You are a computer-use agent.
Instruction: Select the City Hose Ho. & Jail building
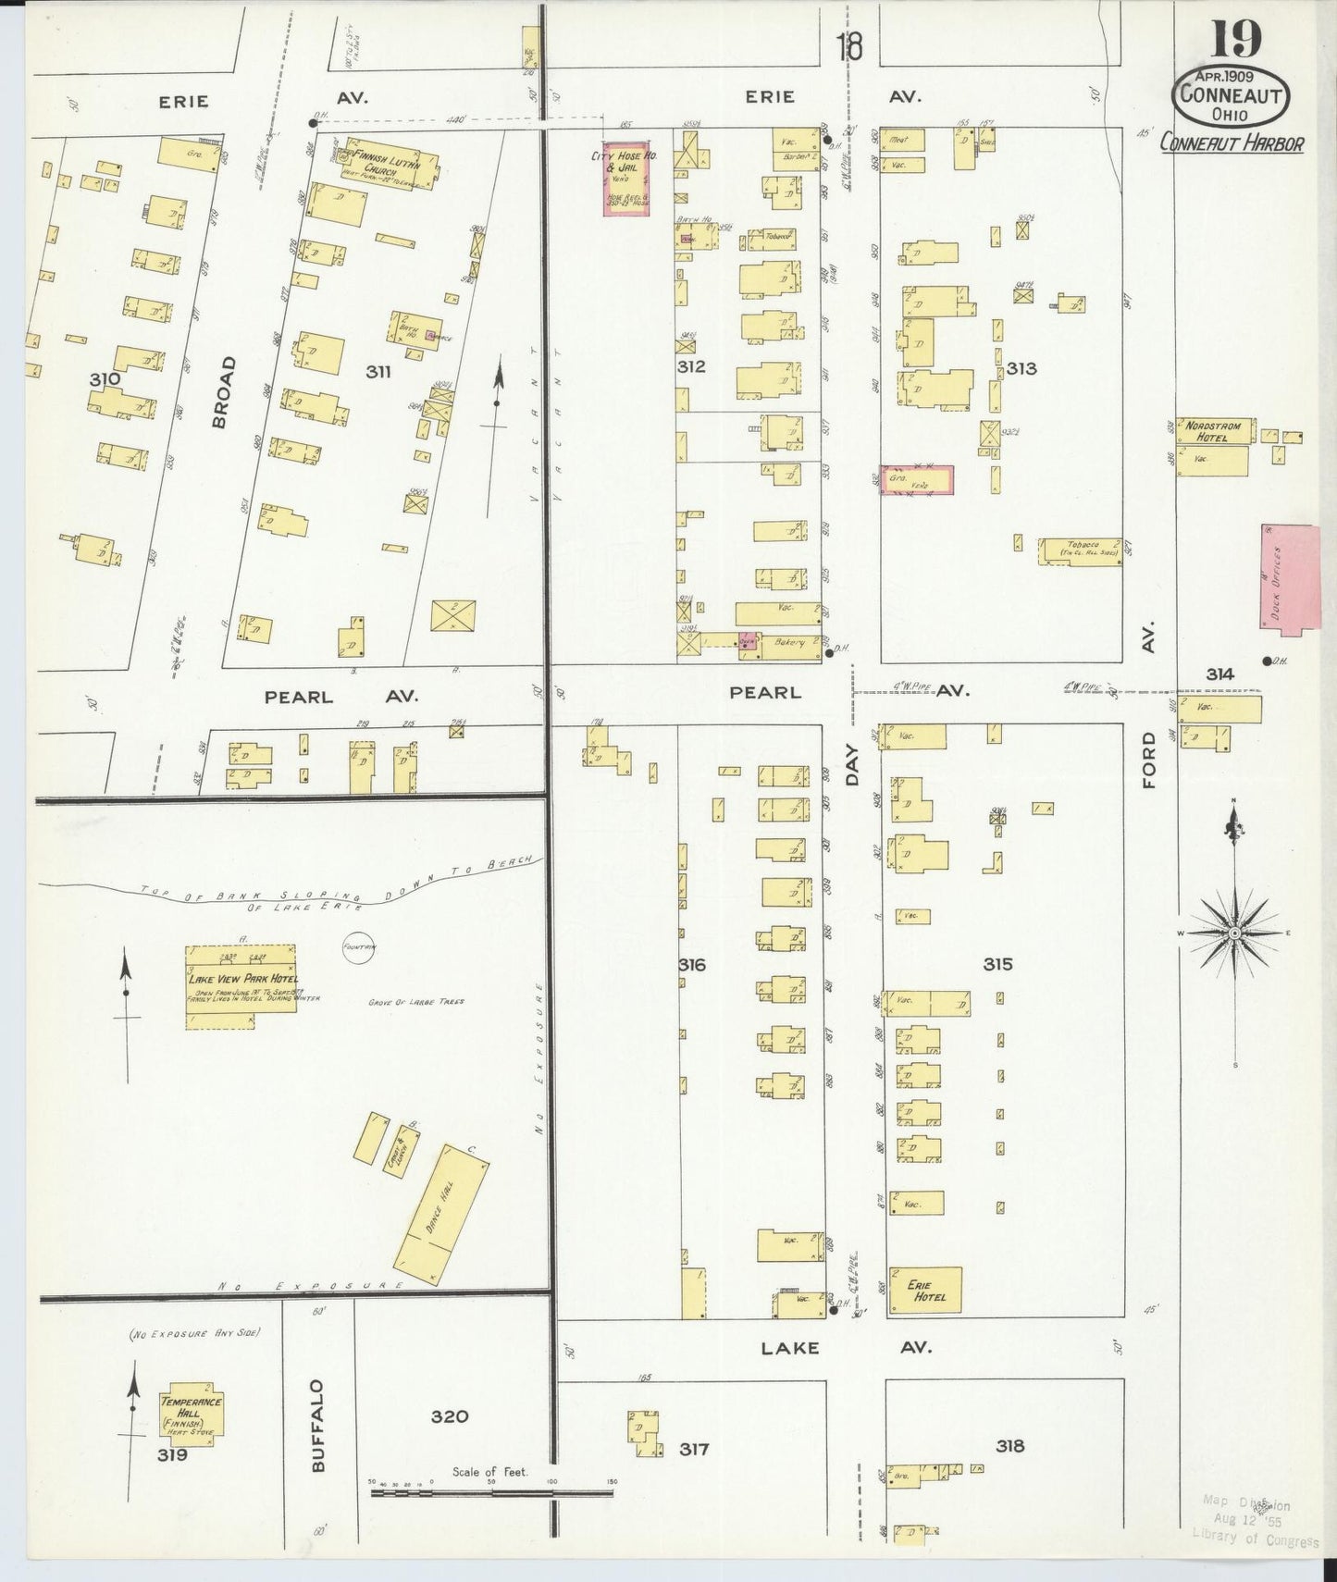(x=625, y=179)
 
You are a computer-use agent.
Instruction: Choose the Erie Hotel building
(x=924, y=1290)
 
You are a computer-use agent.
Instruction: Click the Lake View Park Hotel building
(x=241, y=986)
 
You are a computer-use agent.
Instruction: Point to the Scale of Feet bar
(x=490, y=1491)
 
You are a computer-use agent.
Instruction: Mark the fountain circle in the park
(x=356, y=948)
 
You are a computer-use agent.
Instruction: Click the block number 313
(x=1021, y=369)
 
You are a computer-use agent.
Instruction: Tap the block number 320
(x=449, y=1415)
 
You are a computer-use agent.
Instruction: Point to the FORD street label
(x=1149, y=760)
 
